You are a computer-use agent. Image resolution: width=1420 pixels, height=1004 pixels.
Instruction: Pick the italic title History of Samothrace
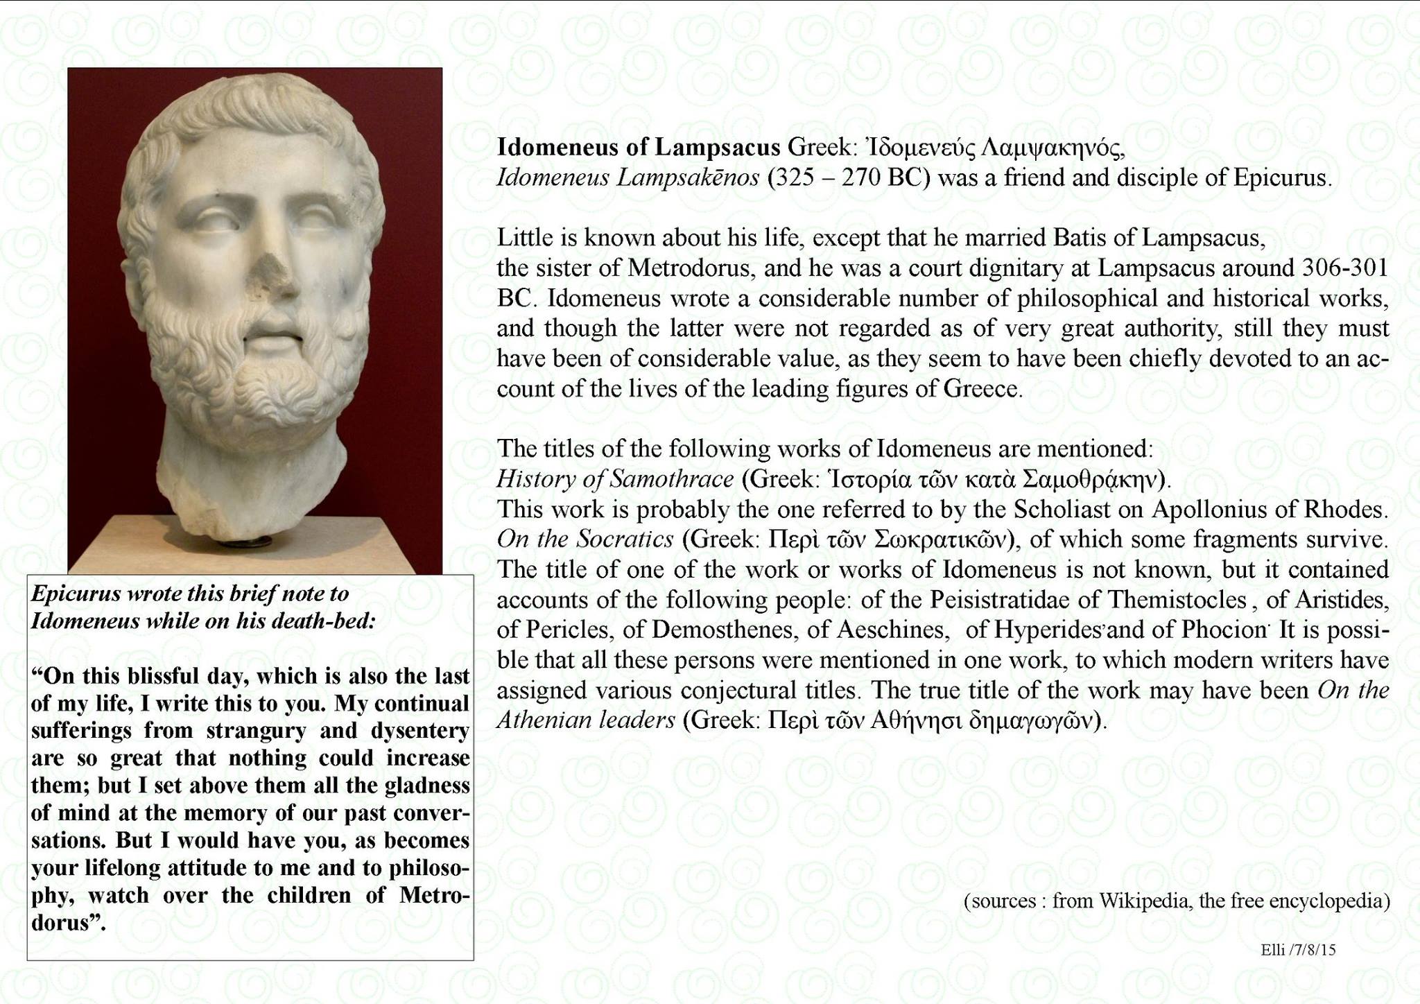tap(615, 479)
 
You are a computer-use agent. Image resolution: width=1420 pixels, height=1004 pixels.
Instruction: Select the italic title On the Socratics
tap(585, 539)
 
